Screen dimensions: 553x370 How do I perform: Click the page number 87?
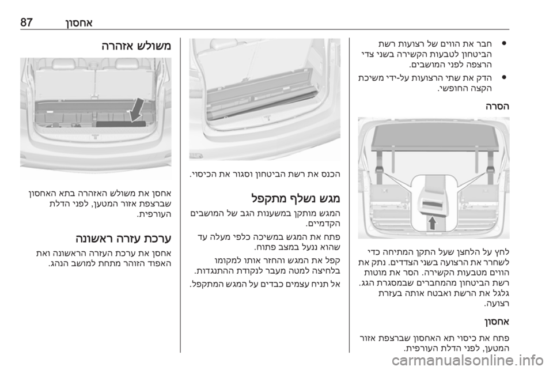click(x=26, y=23)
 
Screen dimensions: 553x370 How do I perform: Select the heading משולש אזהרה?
click(x=136, y=46)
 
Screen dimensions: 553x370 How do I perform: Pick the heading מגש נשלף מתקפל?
click(x=296, y=198)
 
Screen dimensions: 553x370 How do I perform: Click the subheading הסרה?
click(x=497, y=106)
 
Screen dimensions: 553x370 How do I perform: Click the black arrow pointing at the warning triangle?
click(x=138, y=110)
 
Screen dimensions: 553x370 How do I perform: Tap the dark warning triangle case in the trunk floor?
click(x=120, y=124)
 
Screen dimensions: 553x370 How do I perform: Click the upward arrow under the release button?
click(x=433, y=223)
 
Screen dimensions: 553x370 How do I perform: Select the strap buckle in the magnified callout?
click(x=433, y=203)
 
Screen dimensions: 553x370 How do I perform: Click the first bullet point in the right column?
click(x=505, y=45)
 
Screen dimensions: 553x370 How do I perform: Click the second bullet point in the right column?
click(x=505, y=77)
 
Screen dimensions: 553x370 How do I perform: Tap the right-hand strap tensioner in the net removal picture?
click(x=490, y=170)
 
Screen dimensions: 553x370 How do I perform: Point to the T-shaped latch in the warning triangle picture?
click(x=95, y=137)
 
